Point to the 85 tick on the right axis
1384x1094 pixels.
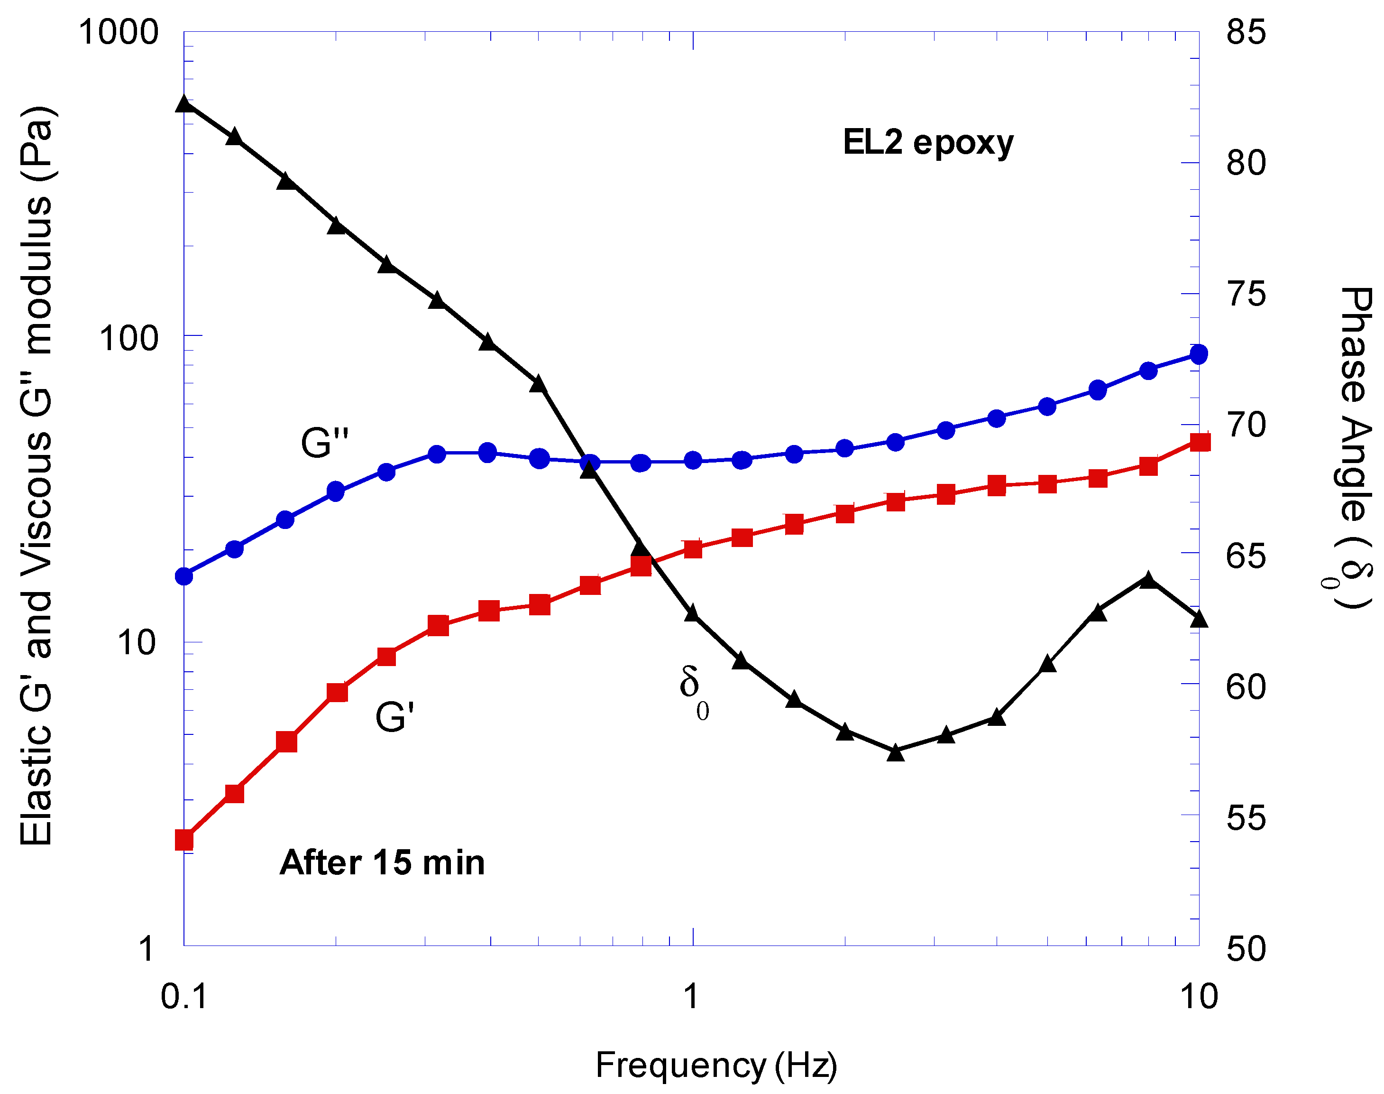tap(1246, 32)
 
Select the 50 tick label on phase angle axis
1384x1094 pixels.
tap(1246, 949)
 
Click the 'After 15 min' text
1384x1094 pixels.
tap(382, 863)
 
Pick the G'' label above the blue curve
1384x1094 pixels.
tap(325, 443)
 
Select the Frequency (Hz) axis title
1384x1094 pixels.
tap(715, 1065)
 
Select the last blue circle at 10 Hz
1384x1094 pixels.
tap(1198, 353)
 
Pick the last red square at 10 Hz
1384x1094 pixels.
tap(1200, 442)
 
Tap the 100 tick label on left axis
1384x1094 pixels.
tap(128, 338)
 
